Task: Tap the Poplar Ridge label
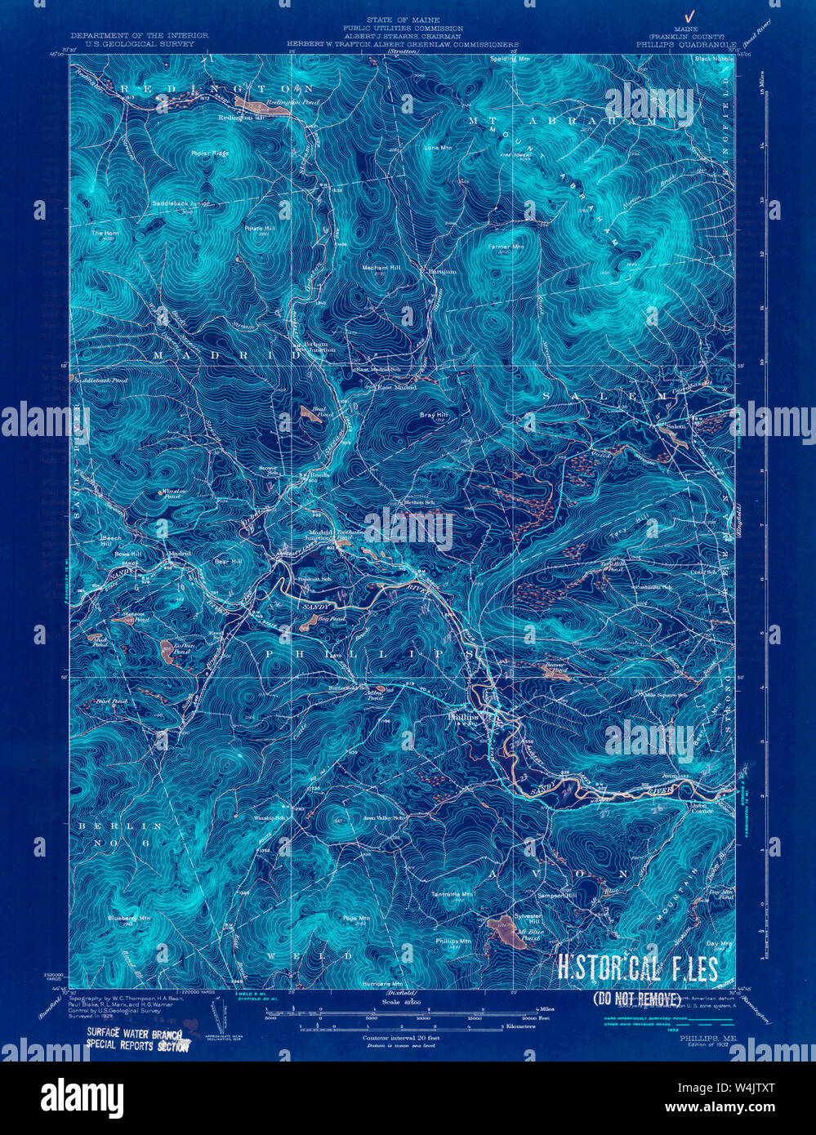click(210, 154)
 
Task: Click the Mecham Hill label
click(381, 268)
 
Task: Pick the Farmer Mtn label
click(505, 247)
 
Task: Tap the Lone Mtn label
click(439, 148)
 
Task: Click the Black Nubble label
click(713, 60)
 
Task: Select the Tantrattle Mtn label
click(453, 894)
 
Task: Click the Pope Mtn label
click(356, 919)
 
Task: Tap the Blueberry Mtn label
click(129, 918)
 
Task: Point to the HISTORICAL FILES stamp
click(637, 969)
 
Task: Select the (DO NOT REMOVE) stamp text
click(637, 999)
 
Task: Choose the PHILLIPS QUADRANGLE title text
click(686, 45)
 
